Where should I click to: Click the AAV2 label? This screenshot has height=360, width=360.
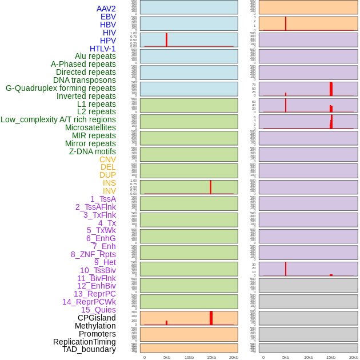[106, 9]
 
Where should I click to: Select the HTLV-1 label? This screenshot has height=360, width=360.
[102, 49]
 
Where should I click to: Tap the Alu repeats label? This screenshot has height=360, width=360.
[95, 57]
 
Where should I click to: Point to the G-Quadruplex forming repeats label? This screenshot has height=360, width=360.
[61, 89]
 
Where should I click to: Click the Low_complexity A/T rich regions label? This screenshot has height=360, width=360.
[58, 119]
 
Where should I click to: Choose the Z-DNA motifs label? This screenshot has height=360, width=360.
[92, 151]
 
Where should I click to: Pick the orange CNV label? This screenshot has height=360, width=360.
[107, 159]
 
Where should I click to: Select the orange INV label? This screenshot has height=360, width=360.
[109, 191]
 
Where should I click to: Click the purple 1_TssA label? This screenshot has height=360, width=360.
[103, 199]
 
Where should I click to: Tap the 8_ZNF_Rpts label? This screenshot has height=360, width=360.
[93, 254]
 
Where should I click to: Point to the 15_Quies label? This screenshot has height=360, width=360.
[98, 310]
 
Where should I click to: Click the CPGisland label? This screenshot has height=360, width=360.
[97, 318]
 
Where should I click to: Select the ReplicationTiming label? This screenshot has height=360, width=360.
[84, 342]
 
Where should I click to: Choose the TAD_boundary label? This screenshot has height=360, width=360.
[89, 349]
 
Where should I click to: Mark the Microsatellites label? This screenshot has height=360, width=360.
[90, 127]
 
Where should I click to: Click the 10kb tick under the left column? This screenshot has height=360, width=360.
[189, 357]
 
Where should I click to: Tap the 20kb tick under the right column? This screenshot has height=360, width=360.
[353, 357]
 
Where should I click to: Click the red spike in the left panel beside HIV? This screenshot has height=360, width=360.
[166, 39]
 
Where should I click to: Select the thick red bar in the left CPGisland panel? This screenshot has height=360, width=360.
[211, 318]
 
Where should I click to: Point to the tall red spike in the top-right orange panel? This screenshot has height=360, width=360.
[286, 23]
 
